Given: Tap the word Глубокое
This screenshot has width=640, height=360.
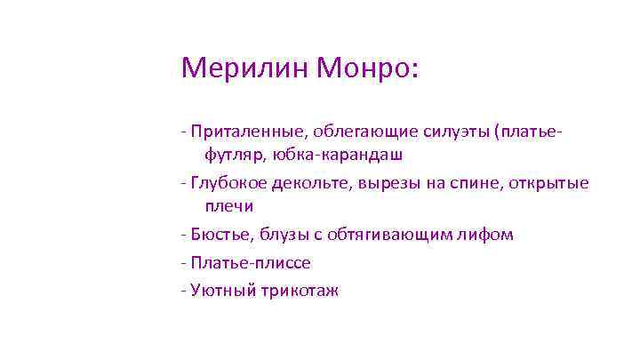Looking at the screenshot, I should pyautogui.click(x=227, y=184).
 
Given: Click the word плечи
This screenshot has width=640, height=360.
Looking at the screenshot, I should pyautogui.click(x=229, y=206).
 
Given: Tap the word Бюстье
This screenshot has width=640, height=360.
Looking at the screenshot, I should pyautogui.click(x=219, y=236).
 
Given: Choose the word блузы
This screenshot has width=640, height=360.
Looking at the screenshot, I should pyautogui.click(x=281, y=236).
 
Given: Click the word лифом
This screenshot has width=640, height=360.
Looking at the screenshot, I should pyautogui.click(x=488, y=236).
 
